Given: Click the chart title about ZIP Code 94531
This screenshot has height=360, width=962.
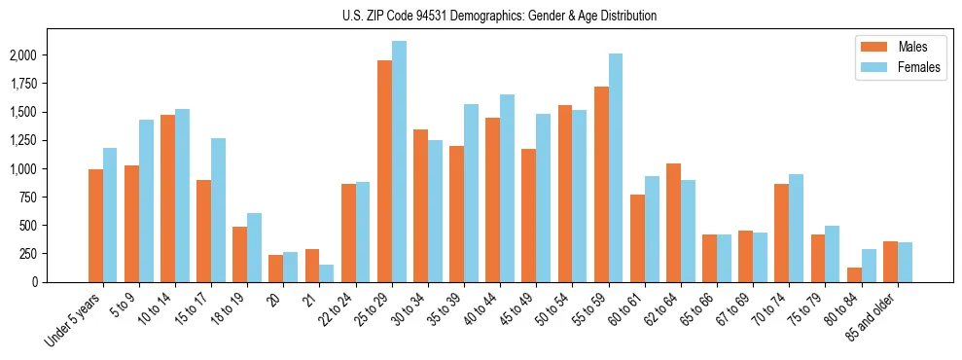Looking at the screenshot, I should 499,16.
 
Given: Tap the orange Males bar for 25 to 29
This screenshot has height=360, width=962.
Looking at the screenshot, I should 384,171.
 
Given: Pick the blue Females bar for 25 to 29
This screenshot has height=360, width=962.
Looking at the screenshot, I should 399,162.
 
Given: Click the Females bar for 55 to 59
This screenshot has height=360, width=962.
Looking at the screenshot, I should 616,167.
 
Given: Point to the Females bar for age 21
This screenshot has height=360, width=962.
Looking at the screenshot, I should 327,273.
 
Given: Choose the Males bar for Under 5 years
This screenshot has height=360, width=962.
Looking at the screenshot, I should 95,226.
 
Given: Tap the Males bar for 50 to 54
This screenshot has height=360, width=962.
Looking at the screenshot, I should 565,194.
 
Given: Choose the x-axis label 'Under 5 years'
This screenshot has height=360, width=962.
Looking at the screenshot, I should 72,317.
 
